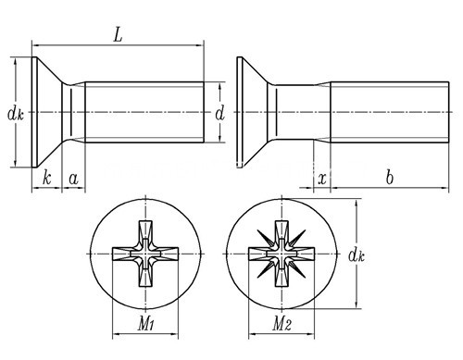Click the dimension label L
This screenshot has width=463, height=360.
118,34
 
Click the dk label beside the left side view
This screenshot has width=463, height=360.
16,114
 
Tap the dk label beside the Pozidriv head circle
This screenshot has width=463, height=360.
357,255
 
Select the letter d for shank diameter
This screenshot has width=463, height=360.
220,114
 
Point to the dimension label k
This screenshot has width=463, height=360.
46,178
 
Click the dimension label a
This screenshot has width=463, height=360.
73,179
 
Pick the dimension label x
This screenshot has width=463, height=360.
322,179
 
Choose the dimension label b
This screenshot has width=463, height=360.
390,178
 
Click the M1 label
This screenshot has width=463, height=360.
145,324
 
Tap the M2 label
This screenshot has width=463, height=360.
282,324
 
